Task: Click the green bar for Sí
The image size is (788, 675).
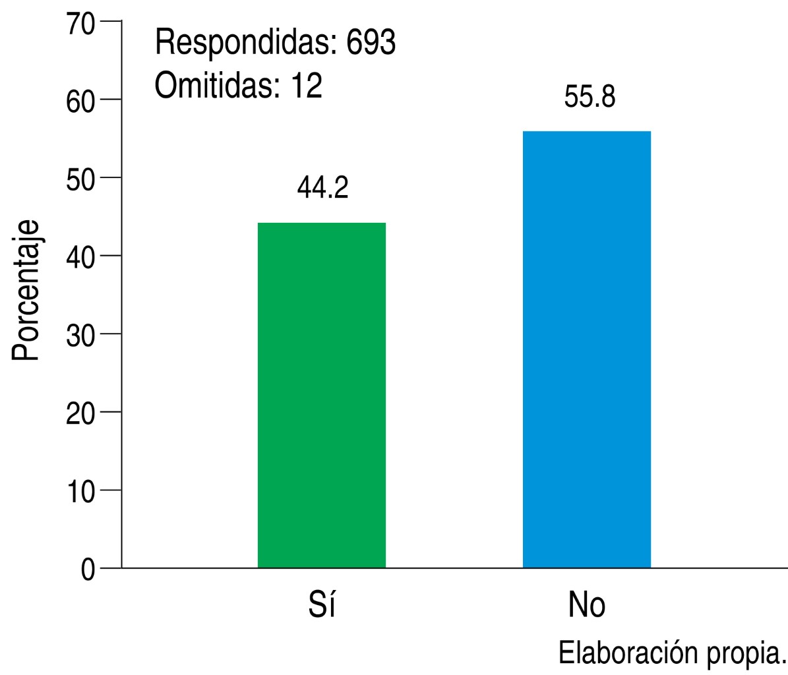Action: pyautogui.click(x=322, y=396)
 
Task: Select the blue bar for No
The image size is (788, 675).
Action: pyautogui.click(x=587, y=349)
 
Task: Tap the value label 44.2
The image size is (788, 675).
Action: pyautogui.click(x=322, y=188)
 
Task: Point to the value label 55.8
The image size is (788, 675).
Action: pyautogui.click(x=590, y=97)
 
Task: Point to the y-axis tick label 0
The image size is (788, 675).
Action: pyautogui.click(x=88, y=569)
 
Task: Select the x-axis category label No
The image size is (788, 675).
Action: pyautogui.click(x=587, y=604)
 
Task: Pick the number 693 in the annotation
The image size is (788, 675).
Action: pyautogui.click(x=371, y=44)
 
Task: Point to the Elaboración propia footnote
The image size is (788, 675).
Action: pyautogui.click(x=673, y=653)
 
